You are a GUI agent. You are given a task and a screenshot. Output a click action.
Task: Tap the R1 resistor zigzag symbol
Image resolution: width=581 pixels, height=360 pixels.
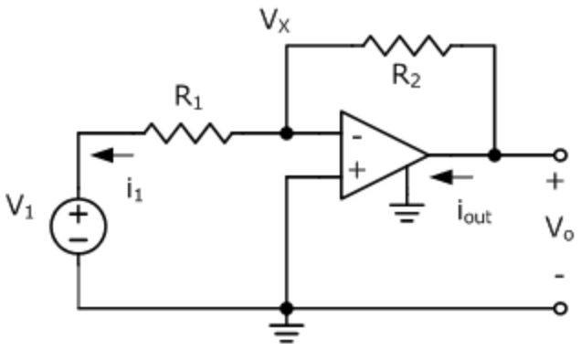tap(187, 133)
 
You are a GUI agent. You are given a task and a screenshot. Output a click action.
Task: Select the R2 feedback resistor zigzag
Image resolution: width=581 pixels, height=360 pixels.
tap(406, 44)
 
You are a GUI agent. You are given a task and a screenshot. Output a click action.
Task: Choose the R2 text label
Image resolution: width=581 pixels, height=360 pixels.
tap(406, 76)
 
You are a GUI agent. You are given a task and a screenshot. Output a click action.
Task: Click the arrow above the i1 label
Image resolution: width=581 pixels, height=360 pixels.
tap(116, 154)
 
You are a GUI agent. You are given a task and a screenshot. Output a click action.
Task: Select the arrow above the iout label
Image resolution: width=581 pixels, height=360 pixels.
tap(453, 177)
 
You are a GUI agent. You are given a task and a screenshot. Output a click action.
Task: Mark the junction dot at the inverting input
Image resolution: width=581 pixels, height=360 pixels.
tap(287, 133)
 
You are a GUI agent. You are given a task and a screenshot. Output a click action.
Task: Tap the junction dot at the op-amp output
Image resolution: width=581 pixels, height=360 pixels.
tap(494, 155)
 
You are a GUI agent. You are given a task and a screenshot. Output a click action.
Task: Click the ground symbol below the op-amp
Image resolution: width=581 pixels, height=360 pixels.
tap(407, 216)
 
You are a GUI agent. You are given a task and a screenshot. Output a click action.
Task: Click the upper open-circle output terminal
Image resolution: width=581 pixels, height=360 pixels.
tap(561, 155)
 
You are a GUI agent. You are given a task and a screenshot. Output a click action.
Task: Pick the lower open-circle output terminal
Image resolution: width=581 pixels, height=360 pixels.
tap(561, 309)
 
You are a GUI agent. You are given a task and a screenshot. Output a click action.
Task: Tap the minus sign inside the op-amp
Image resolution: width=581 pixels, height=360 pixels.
tap(356, 138)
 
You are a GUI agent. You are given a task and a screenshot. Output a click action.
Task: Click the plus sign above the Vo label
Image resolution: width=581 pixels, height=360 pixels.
tap(555, 182)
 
